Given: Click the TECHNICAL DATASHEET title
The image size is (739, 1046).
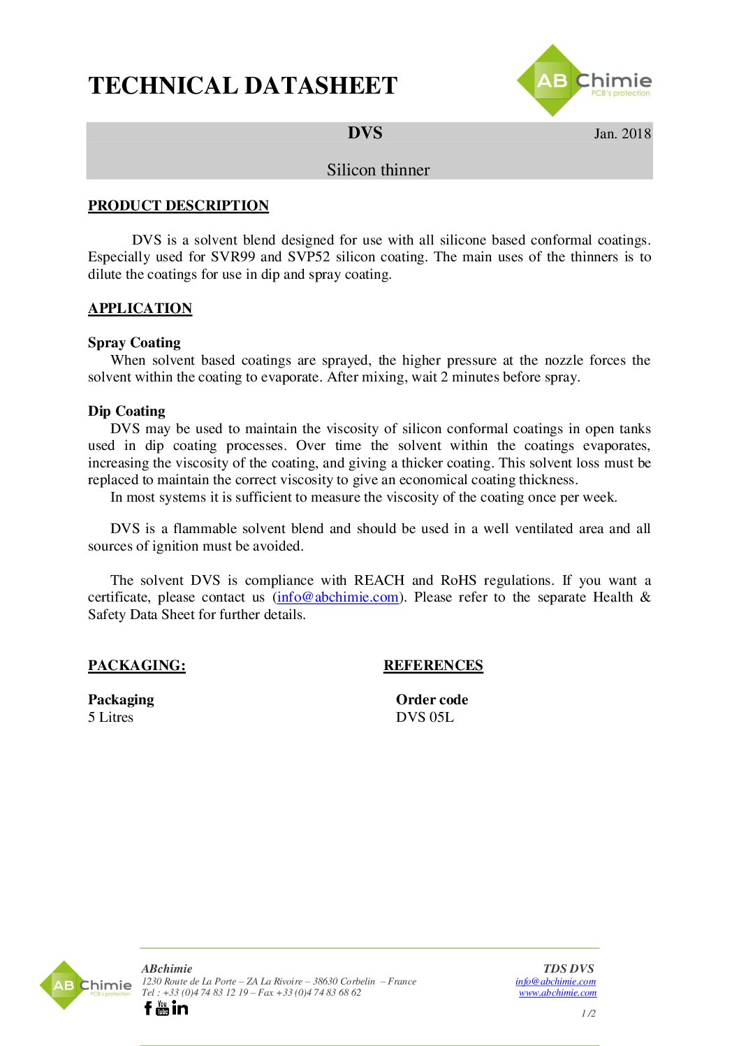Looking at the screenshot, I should (242, 86).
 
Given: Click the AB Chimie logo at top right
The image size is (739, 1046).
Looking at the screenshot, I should (583, 81).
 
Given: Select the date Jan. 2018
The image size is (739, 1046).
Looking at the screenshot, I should (622, 133).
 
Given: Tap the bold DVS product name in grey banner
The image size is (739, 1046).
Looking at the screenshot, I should (365, 133).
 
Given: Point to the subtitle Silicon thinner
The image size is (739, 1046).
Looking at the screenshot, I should (378, 170).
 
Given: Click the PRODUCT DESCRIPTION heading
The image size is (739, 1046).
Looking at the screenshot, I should (178, 205).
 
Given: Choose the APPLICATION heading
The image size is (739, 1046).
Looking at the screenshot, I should (140, 308).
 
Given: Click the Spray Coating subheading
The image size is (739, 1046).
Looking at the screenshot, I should (134, 342).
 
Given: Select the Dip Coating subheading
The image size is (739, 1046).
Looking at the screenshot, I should (126, 411).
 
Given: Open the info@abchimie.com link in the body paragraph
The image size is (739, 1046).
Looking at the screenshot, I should (338, 597).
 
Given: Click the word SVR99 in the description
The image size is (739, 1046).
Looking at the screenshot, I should (233, 257).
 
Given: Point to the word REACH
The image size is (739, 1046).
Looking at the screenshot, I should (379, 580).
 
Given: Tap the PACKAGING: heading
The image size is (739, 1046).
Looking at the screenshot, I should (137, 665).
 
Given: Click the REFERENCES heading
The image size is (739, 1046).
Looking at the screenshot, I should (433, 665).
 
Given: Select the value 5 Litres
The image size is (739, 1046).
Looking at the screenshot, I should (110, 717).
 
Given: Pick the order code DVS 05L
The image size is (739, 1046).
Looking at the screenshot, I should (425, 717).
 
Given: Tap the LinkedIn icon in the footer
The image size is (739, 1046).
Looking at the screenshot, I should (180, 1008).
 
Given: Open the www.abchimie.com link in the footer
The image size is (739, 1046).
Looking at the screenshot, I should (557, 992).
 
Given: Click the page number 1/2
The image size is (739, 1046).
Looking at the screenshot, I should (588, 1013).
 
